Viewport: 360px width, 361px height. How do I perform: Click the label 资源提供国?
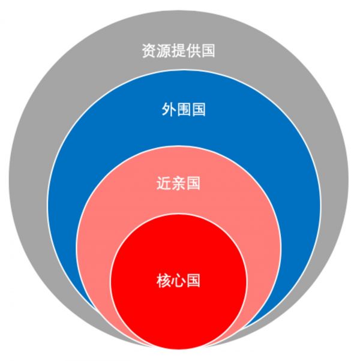point(178,50)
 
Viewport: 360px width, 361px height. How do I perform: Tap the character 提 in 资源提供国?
point(178,50)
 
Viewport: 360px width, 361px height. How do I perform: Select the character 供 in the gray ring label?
point(193,50)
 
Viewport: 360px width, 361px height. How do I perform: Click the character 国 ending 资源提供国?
point(208,50)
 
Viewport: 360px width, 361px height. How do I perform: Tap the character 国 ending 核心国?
point(193,280)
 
